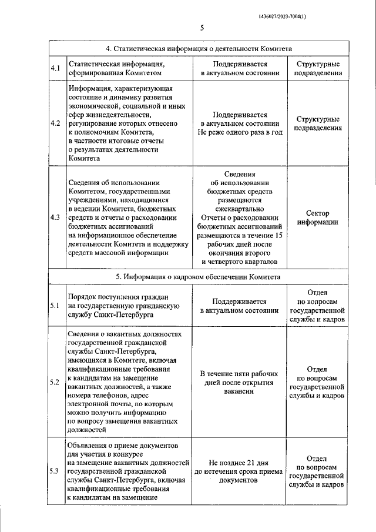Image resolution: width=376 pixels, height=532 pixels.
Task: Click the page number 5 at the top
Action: pos(201,28)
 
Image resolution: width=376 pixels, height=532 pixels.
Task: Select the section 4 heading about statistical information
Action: pos(199,49)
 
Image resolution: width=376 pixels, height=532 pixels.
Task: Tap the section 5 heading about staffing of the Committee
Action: pos(199,276)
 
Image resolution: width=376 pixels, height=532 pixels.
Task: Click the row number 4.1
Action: pos(56,68)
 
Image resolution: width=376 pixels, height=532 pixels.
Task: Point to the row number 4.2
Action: pos(56,123)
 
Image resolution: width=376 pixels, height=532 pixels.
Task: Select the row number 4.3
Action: pos(56,217)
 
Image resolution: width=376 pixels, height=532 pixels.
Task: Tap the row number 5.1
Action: pos(56,306)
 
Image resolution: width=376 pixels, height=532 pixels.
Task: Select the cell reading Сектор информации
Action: pos(317,218)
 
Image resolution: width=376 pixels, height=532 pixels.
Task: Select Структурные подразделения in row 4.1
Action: pos(317,68)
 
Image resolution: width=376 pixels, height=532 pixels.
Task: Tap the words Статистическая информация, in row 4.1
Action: pos(115,63)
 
